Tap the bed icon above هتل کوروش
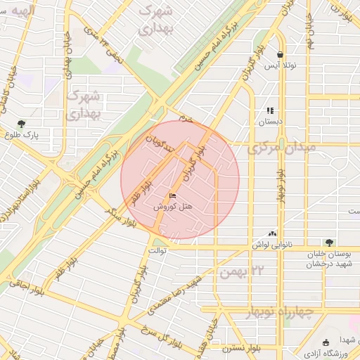coord(173,196)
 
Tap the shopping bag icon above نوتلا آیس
coord(280,54)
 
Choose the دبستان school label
coord(270,122)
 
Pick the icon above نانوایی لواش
coord(273,233)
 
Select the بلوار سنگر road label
coord(120,218)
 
